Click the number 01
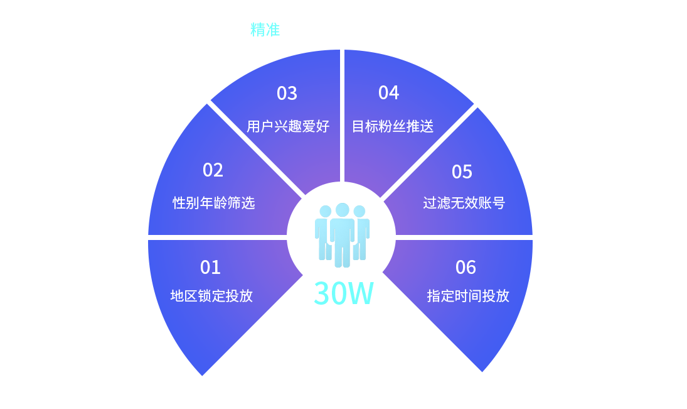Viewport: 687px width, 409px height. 210,268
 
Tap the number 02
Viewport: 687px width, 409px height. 213,170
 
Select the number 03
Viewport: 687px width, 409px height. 287,94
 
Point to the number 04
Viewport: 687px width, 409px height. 388,93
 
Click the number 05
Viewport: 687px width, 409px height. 462,172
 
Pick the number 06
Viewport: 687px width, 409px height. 466,268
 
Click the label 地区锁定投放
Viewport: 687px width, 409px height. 211,296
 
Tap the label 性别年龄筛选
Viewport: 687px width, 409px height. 214,203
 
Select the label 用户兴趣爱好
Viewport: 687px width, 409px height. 288,126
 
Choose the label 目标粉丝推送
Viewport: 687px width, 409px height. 393,126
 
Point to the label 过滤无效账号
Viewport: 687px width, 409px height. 464,203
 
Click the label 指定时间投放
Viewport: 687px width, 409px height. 468,296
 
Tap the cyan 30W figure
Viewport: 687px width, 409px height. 343,293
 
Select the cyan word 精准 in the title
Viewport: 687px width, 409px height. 265,30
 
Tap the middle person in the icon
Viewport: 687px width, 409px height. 342,236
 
